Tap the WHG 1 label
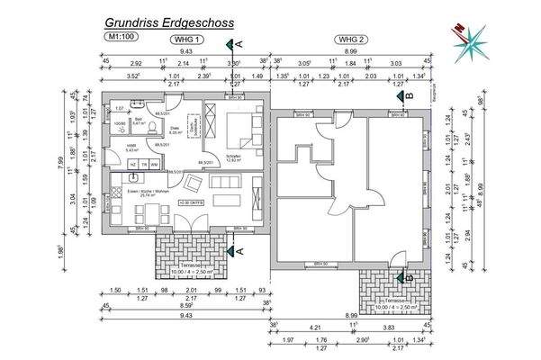point(188,40)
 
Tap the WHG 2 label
point(349,40)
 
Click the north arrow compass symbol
point(471,41)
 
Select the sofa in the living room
point(228,193)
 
